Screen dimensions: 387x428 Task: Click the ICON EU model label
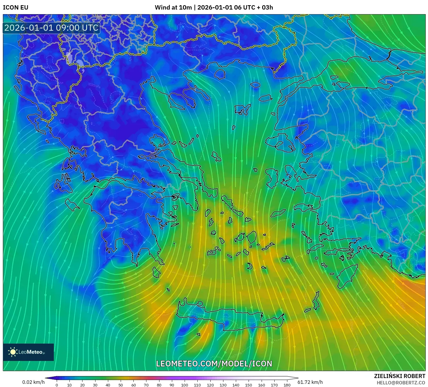click(x=16, y=8)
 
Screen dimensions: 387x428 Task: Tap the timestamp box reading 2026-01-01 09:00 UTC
click(x=51, y=28)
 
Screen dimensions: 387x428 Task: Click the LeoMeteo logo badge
click(x=28, y=352)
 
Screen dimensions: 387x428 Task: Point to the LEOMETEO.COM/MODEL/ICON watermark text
click(x=214, y=364)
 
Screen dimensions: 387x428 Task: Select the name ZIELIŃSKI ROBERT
click(x=399, y=376)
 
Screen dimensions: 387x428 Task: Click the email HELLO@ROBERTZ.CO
click(x=401, y=383)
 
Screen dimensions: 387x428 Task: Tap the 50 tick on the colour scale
click(x=121, y=385)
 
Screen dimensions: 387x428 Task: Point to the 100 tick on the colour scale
click(x=185, y=385)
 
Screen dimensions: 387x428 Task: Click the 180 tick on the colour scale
click(x=287, y=385)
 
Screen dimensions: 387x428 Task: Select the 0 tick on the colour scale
click(x=57, y=385)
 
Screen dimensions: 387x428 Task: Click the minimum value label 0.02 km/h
click(x=34, y=382)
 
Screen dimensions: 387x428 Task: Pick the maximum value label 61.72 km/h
click(x=310, y=382)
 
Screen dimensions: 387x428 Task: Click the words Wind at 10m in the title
click(x=173, y=8)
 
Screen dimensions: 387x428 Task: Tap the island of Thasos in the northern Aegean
click(x=220, y=74)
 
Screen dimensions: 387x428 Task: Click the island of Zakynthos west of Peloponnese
click(x=72, y=204)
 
